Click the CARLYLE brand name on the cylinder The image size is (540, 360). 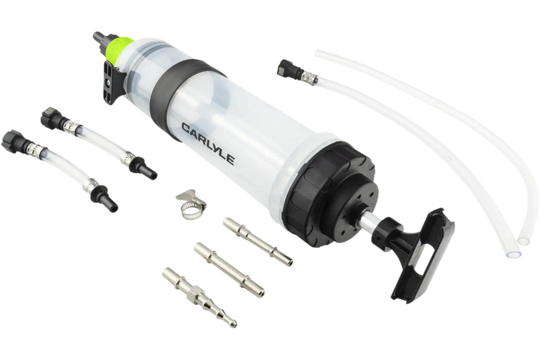[208, 144]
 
